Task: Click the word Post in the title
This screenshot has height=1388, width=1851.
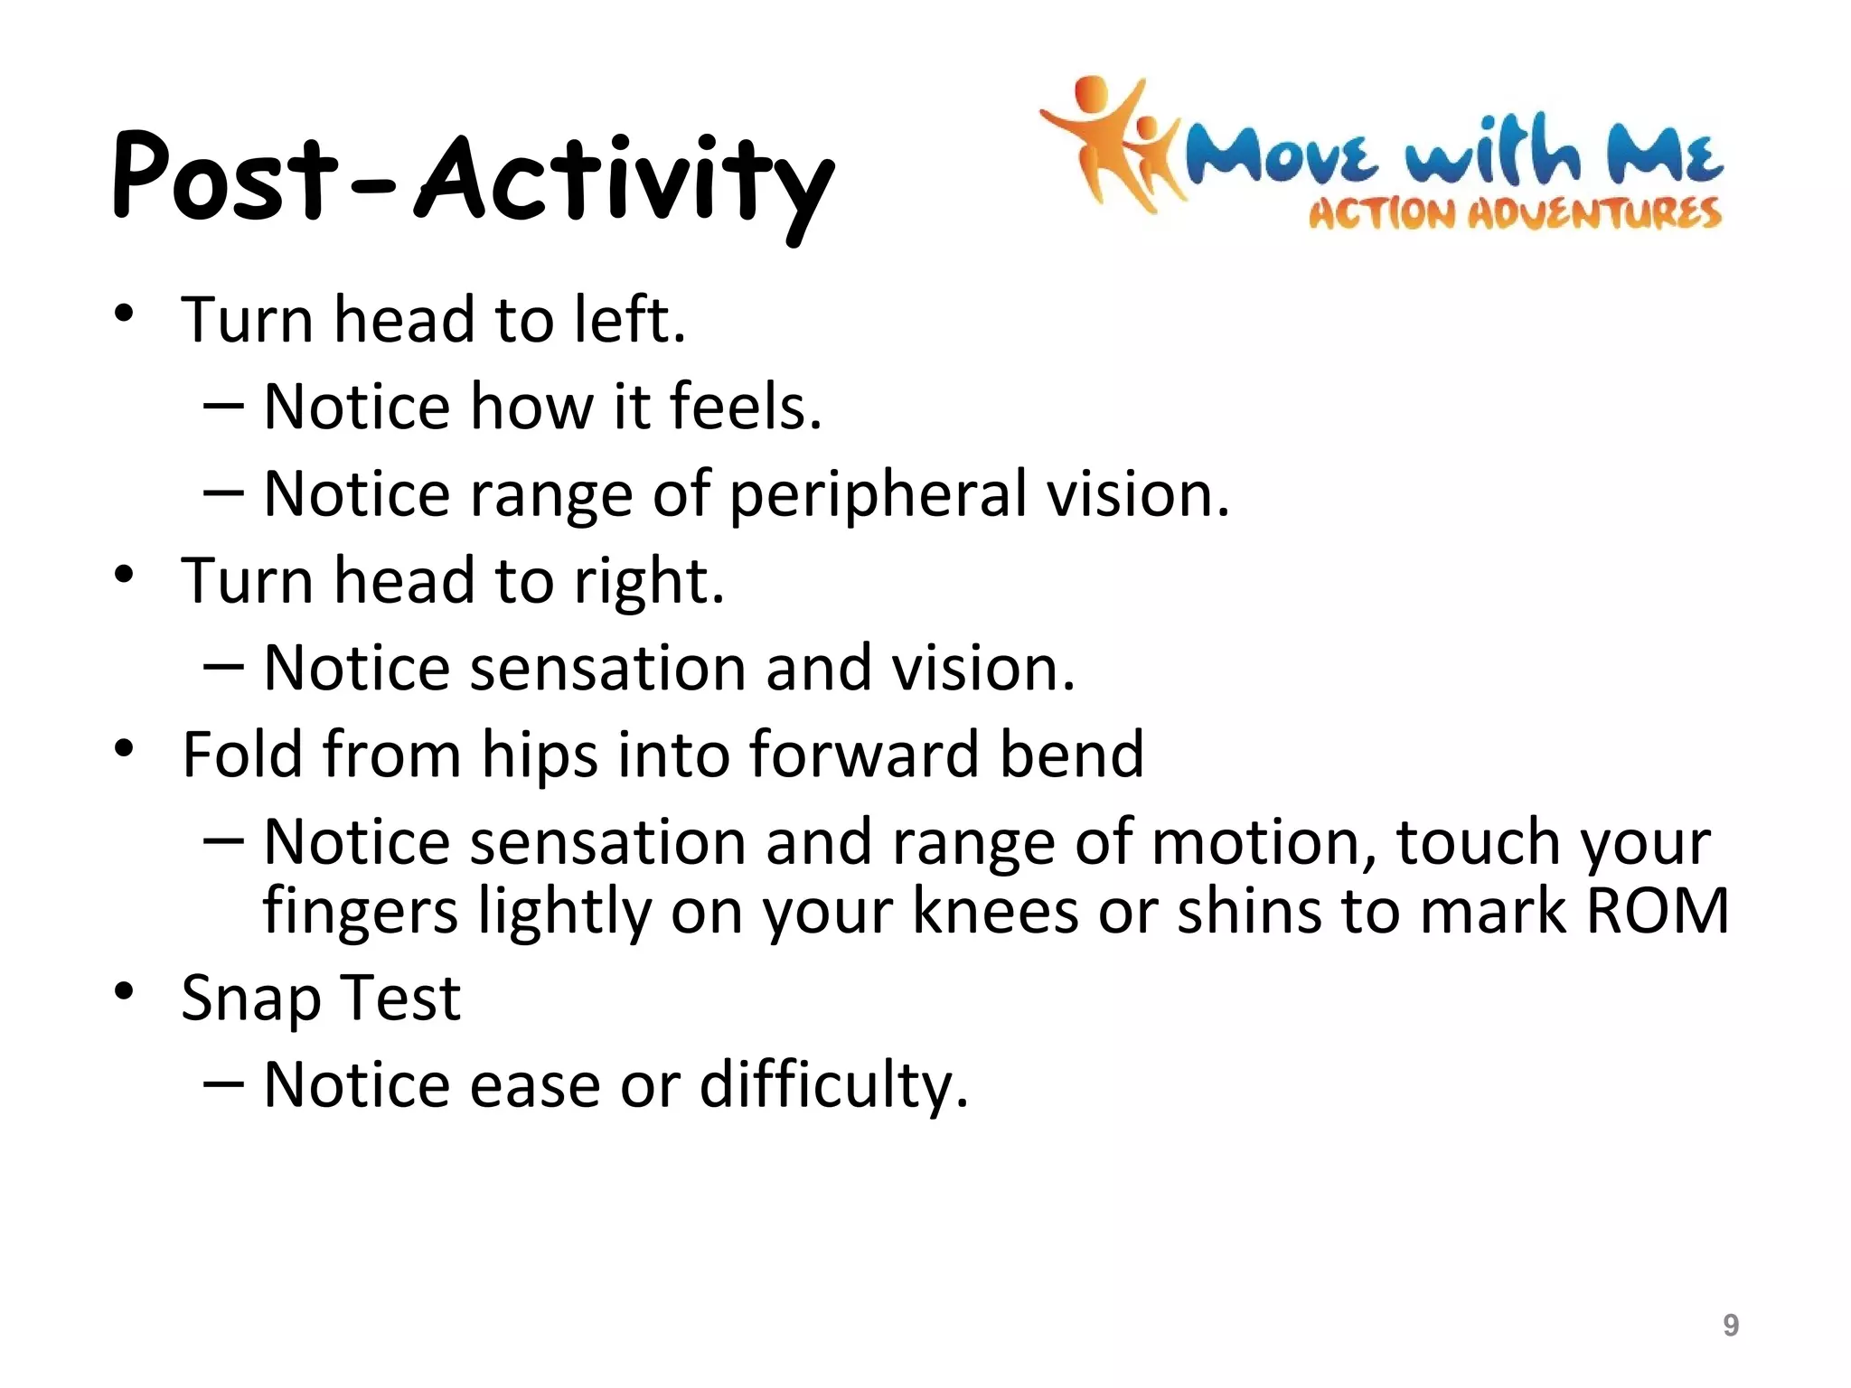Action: pyautogui.click(x=224, y=176)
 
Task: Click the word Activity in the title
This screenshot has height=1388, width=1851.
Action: pyautogui.click(x=625, y=181)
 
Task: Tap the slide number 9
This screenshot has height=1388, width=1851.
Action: pyautogui.click(x=1730, y=1325)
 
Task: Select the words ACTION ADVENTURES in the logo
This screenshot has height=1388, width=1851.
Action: pyautogui.click(x=1515, y=214)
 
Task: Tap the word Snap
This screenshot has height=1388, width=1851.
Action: pyautogui.click(x=250, y=999)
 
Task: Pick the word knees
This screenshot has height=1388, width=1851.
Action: pyautogui.click(x=995, y=911)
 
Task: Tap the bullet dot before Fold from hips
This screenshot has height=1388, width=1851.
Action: pyautogui.click(x=125, y=749)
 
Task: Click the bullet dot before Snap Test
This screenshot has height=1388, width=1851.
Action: pyautogui.click(x=125, y=991)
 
